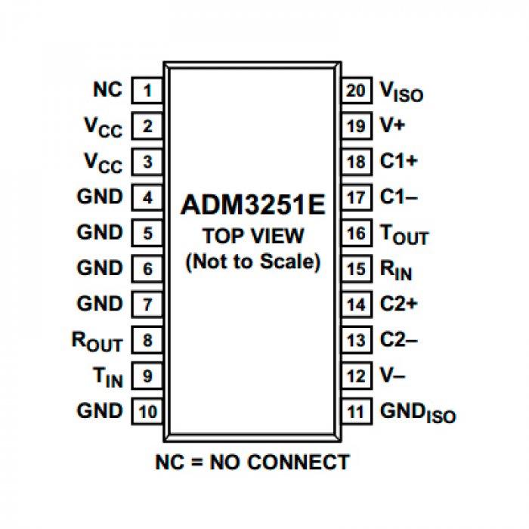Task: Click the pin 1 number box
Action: tap(147, 91)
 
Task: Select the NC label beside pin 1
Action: tap(107, 89)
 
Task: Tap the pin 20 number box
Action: tap(355, 91)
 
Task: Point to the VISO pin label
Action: tap(401, 92)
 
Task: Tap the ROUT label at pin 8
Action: tap(97, 341)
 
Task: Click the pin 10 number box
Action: tap(147, 412)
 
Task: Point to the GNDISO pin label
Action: tap(417, 413)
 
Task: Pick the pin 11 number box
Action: tap(355, 412)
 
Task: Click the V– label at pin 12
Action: tap(394, 376)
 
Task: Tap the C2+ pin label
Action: tap(398, 304)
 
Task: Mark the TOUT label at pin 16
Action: tap(404, 234)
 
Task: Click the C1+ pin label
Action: tap(398, 161)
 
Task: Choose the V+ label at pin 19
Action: tap(392, 125)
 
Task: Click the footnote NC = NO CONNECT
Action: tap(252, 462)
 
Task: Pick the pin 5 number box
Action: tap(147, 234)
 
